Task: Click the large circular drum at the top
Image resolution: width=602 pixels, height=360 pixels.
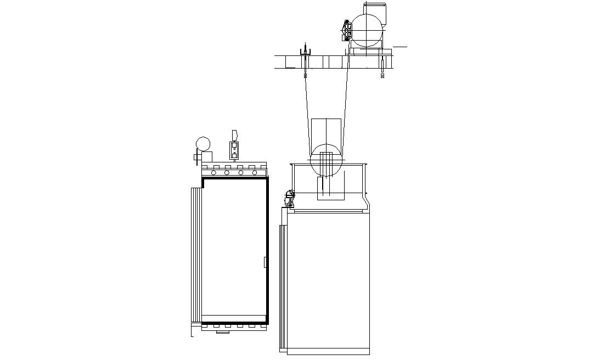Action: [x=366, y=30]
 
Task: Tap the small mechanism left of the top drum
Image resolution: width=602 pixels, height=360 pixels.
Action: [x=347, y=31]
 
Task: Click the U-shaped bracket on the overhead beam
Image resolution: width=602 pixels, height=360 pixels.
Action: [x=305, y=52]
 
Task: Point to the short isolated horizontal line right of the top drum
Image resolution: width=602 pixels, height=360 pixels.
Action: [x=400, y=47]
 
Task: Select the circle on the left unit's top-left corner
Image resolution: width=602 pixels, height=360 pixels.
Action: [x=203, y=144]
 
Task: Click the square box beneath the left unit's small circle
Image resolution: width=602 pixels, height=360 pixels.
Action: [x=207, y=157]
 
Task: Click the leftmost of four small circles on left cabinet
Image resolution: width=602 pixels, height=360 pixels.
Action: [x=213, y=173]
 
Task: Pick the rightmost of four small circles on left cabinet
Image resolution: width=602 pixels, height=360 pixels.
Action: [x=255, y=173]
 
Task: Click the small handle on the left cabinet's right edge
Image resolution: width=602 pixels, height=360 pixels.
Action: [x=265, y=262]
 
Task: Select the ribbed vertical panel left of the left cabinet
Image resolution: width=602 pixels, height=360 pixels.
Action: [x=196, y=255]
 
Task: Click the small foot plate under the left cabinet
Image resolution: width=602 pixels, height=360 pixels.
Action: [x=222, y=331]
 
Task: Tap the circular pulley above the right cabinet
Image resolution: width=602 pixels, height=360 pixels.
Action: [x=327, y=160]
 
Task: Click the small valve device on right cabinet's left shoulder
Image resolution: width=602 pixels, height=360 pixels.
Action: [x=289, y=198]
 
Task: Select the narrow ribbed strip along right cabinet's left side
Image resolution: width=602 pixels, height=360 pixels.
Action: [x=283, y=285]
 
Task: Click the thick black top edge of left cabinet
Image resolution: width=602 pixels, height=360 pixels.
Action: [x=236, y=178]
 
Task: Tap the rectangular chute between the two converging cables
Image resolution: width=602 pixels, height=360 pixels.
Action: [x=326, y=134]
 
